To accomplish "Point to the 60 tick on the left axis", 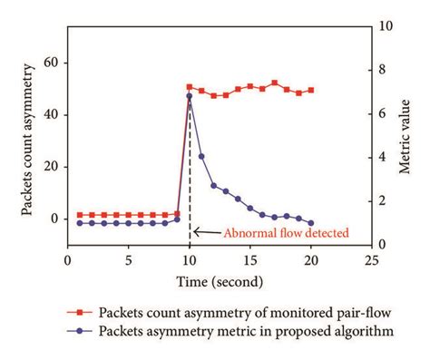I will tap(53, 63).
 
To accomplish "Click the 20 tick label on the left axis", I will tap(53, 167).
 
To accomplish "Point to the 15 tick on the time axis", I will tap(250, 258).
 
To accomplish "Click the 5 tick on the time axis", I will tap(129, 258).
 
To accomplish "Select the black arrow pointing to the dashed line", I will tap(206, 231).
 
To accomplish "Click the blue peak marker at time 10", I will tap(190, 95).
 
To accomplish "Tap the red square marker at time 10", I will tap(190, 87).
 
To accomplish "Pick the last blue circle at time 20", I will tap(311, 222).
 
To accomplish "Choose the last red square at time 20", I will tap(311, 90).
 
